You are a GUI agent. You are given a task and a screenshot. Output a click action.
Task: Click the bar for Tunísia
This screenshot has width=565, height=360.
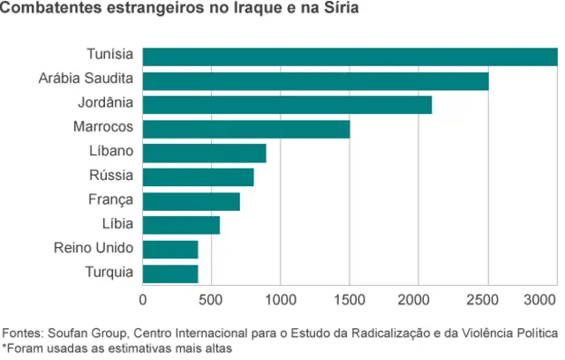(350, 57)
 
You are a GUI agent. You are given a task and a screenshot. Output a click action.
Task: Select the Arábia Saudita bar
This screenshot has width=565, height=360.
(315, 81)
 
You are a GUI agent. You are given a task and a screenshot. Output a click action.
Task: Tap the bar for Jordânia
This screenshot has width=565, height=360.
(287, 105)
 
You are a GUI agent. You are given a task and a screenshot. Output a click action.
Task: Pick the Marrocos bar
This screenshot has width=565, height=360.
(246, 129)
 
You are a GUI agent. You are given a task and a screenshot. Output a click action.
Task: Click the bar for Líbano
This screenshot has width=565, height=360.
(204, 154)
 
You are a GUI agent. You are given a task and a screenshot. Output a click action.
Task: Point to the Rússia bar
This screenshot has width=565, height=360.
(198, 177)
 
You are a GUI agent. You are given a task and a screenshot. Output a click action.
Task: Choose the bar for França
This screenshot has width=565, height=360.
(191, 201)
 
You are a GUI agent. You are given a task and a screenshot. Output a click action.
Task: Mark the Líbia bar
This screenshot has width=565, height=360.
(181, 225)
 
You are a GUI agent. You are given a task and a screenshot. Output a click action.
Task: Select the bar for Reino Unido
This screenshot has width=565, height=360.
(170, 250)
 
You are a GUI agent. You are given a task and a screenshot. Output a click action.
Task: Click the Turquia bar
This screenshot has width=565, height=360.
(170, 274)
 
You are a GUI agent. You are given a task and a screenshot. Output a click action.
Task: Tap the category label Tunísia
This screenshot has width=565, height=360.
(110, 56)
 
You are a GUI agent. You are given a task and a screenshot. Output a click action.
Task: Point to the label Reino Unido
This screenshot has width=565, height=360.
(94, 249)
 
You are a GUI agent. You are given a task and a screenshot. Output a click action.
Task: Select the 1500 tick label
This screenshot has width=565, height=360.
(350, 300)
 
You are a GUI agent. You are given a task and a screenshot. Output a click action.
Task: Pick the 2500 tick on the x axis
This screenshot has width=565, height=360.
(488, 300)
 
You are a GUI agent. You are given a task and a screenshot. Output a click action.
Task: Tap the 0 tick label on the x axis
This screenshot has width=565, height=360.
(143, 300)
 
